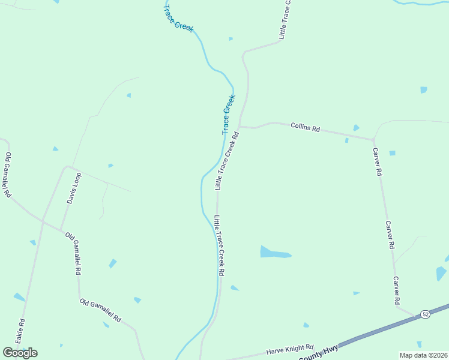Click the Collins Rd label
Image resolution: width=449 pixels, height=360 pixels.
[x=305, y=127]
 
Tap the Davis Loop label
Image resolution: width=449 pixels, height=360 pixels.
[x=74, y=188]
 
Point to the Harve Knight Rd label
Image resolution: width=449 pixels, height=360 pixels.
[x=291, y=349]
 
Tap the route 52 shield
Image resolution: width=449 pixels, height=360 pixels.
[x=426, y=314]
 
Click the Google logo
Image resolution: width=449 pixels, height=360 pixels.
[x=20, y=353]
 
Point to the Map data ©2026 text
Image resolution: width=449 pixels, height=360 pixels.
[x=424, y=355]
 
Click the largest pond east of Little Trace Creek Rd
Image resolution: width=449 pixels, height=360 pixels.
[x=274, y=253]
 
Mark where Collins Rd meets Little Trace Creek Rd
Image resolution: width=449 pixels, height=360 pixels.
[x=240, y=126]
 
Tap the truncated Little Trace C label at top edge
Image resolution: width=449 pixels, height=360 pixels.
[x=285, y=20]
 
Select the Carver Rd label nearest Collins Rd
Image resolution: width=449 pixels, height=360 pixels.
[x=377, y=161]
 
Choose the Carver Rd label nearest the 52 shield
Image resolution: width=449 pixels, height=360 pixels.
[x=397, y=290]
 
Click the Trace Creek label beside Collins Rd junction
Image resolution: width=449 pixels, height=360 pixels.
[x=228, y=114]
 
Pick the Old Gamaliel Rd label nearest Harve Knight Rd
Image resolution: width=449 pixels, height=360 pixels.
[x=100, y=310]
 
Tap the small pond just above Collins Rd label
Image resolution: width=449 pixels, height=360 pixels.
[x=356, y=128]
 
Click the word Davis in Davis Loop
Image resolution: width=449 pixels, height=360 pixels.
[x=71, y=196]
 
